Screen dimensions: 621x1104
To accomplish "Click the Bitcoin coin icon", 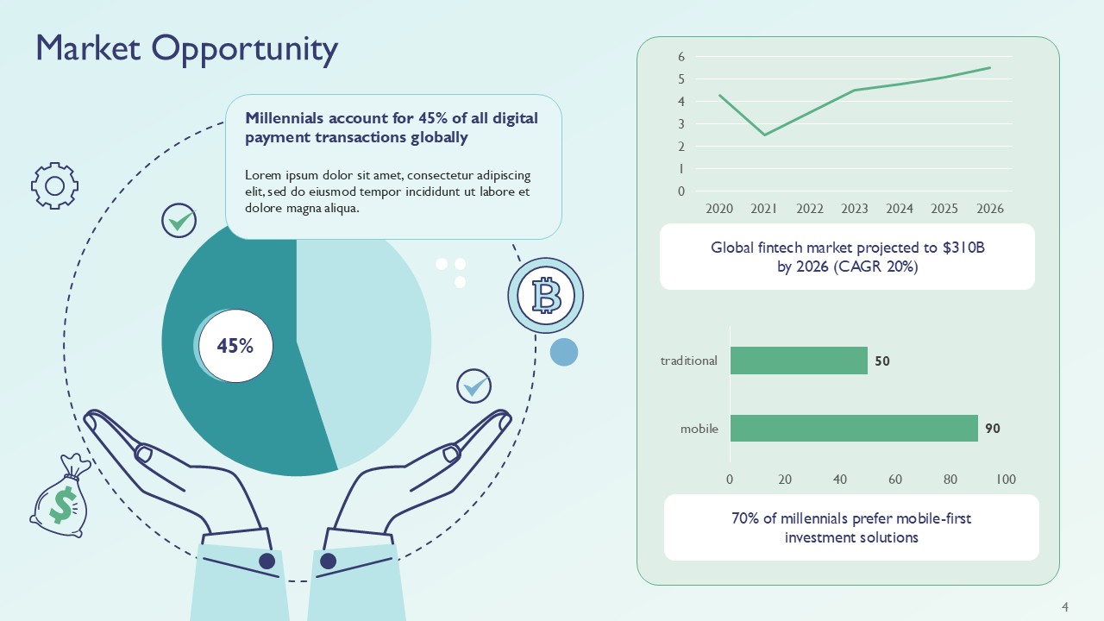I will pos(546,296).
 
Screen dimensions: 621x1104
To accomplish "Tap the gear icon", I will pos(54,185).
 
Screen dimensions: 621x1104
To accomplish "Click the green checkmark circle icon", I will pos(179,221).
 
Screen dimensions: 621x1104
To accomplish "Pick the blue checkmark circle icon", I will pos(474,386).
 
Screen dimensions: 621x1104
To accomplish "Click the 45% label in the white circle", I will pos(235,346).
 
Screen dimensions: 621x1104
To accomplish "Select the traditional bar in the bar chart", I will pos(799,361).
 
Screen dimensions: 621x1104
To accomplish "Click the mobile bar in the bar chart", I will pos(854,428).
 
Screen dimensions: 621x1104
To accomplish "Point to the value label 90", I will pos(993,428).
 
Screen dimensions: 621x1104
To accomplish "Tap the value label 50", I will pos(882,361).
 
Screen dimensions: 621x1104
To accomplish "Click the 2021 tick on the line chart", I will pos(764,209).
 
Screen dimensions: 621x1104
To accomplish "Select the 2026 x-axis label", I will pos(990,209).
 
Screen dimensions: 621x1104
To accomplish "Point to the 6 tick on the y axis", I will pos(681,57).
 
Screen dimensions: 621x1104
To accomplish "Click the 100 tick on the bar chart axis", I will pos(1006,480).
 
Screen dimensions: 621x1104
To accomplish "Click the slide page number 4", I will pos(1065,607).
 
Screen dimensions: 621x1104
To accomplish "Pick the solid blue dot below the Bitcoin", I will pos(563,352).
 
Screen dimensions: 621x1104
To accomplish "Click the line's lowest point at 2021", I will pos(764,135).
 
